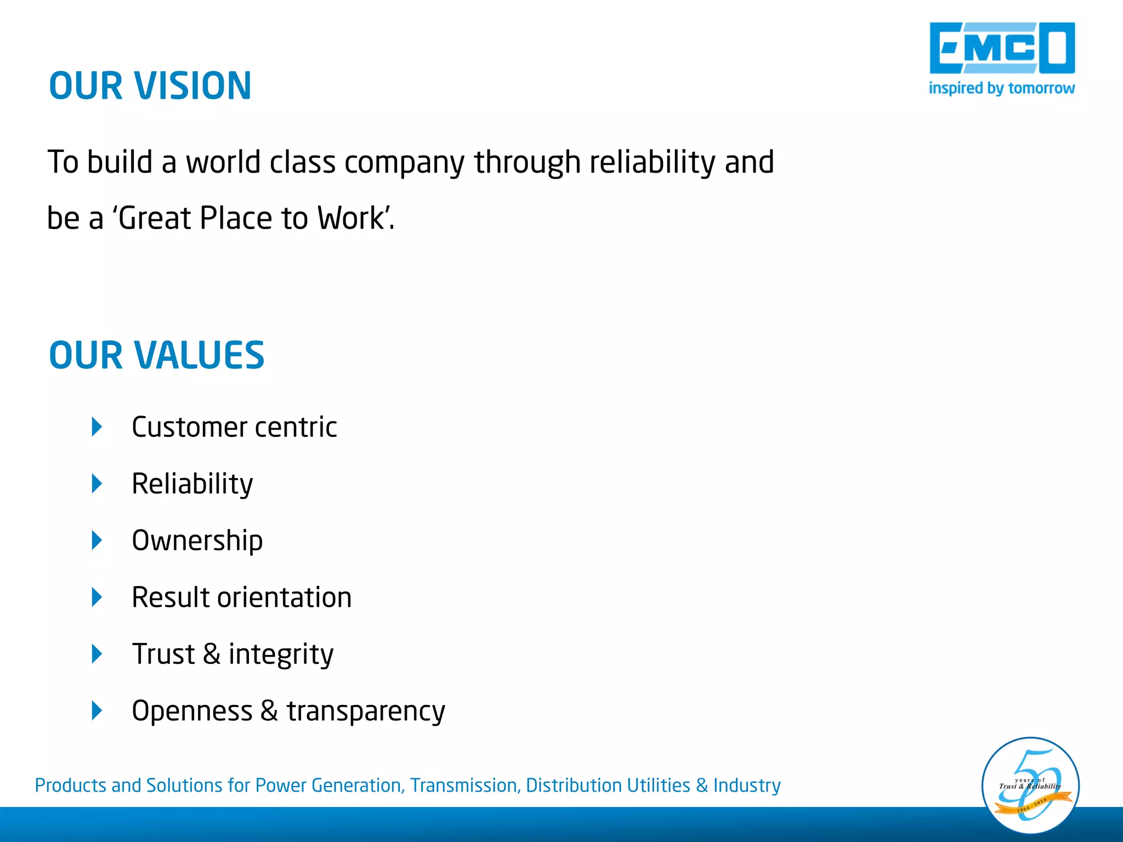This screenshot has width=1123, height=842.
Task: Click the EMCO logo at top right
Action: (x=1002, y=48)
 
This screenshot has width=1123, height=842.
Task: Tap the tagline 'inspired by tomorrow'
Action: (x=1001, y=88)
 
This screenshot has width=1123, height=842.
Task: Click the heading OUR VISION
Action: (x=150, y=86)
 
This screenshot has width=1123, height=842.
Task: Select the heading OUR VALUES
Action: (x=157, y=355)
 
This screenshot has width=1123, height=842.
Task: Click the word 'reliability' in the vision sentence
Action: (x=652, y=162)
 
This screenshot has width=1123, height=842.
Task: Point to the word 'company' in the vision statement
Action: (x=404, y=163)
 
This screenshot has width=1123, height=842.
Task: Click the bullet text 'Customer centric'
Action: (x=234, y=427)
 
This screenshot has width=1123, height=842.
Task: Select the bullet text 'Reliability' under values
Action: (x=192, y=484)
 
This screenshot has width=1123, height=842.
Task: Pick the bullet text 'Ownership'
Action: (x=197, y=541)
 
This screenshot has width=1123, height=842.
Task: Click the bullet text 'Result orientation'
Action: (x=241, y=598)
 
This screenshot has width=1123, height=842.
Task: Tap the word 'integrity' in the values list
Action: (x=281, y=655)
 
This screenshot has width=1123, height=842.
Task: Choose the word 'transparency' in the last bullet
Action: (x=366, y=712)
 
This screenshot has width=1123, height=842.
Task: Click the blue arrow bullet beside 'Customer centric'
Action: (x=97, y=427)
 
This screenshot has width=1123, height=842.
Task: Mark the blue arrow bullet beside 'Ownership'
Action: (x=97, y=541)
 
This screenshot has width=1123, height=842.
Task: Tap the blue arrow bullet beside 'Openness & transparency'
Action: (x=97, y=710)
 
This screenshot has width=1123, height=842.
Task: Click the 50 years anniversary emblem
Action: (x=1030, y=786)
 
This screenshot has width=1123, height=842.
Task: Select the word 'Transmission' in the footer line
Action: (x=463, y=786)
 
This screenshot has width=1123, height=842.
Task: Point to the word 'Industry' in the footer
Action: (x=746, y=786)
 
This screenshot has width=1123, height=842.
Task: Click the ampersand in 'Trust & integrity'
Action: (x=212, y=655)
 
